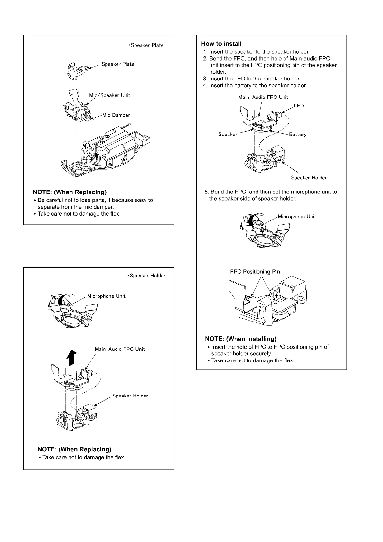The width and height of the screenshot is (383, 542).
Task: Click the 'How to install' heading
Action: point(221,44)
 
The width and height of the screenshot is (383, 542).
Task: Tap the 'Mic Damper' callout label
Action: point(116,115)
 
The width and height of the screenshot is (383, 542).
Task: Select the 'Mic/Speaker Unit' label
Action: point(110,95)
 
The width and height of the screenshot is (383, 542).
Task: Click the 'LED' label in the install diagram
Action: point(299,106)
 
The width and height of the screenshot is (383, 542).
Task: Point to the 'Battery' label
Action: point(298,135)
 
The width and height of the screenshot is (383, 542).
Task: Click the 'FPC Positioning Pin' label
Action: point(255,272)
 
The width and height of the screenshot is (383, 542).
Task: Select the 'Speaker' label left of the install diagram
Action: point(228,135)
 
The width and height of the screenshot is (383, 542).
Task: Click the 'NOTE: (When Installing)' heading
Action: point(241,339)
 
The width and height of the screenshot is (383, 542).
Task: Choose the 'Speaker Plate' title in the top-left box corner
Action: point(147,45)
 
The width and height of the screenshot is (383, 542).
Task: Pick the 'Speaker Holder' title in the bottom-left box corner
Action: point(147,276)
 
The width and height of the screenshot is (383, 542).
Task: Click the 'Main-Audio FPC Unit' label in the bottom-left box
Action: point(120,349)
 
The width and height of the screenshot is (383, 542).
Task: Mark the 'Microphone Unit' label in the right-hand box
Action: point(297,217)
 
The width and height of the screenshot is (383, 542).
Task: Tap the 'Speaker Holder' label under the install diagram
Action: point(309,178)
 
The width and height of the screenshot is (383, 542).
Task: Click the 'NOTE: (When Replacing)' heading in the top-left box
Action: point(70,192)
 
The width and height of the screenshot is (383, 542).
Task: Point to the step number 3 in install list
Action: point(205,79)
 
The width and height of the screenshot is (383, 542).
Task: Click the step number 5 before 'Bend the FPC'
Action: point(206,192)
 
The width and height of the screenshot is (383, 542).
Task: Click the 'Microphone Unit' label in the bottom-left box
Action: point(106,296)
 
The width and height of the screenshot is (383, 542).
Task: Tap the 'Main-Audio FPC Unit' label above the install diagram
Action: point(263,97)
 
